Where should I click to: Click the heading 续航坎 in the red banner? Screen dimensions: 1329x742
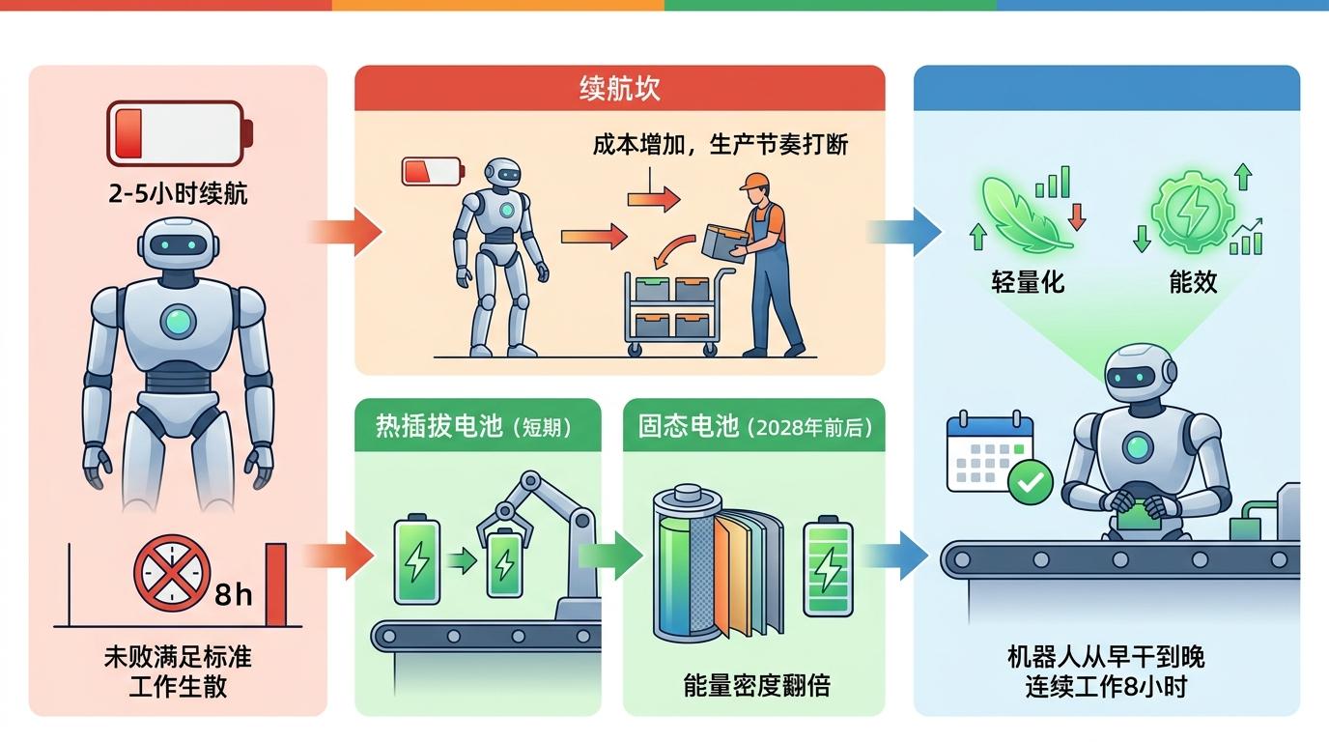tap(619, 89)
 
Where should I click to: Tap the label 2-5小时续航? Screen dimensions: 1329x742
tap(178, 193)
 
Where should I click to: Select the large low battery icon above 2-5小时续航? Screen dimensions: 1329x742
tap(180, 133)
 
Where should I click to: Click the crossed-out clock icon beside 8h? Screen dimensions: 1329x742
tap(172, 573)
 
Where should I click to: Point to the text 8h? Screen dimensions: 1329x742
tap(233, 593)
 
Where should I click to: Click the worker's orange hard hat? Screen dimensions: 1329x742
tap(753, 181)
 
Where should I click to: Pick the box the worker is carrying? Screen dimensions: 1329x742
tap(724, 242)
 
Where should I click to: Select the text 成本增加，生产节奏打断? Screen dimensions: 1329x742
tap(721, 144)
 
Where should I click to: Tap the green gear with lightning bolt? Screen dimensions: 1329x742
tap(1193, 212)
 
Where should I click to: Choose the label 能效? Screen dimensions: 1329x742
tap(1193, 281)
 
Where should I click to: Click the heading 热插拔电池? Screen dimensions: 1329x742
tap(439, 426)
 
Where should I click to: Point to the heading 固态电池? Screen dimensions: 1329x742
tap(689, 426)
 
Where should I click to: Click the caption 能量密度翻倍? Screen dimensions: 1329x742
tap(756, 685)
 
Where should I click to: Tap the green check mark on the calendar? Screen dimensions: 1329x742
tap(1031, 482)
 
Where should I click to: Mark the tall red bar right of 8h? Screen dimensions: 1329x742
tap(276, 585)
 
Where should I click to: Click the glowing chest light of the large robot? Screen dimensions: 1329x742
tap(178, 321)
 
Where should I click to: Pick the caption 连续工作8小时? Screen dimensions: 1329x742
tap(1106, 687)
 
